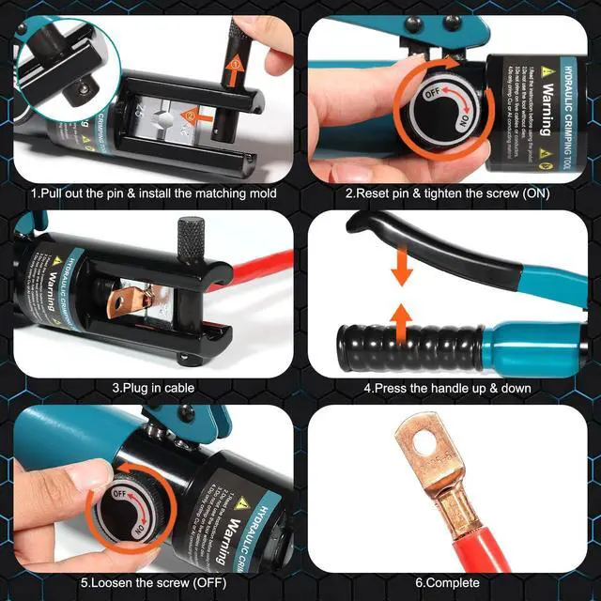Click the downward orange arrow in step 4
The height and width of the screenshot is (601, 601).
click(x=403, y=267)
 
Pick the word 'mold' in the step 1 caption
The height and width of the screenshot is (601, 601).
click(x=258, y=193)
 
